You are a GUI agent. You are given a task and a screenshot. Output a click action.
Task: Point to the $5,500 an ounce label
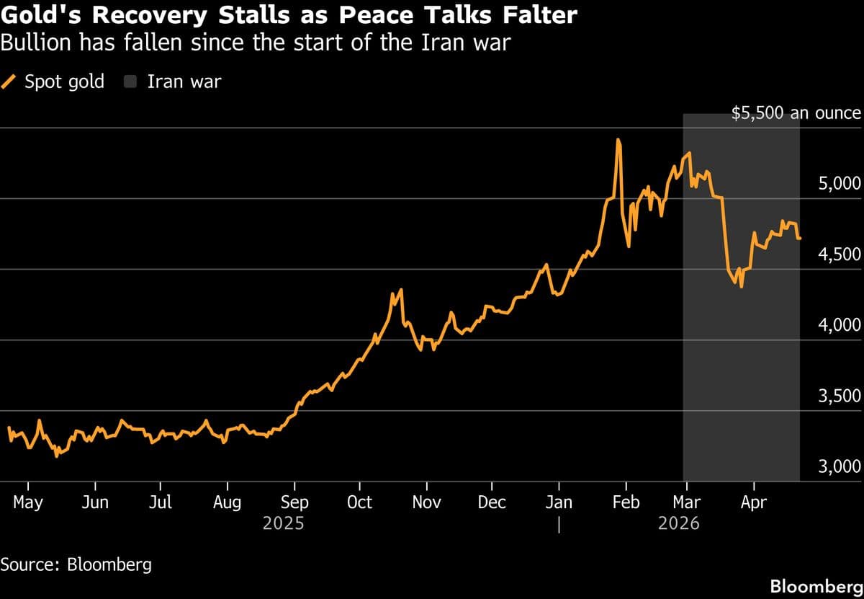click(796, 113)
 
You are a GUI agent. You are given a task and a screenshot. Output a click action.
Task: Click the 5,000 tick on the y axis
click(840, 183)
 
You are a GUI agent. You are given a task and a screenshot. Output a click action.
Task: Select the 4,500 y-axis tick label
click(840, 254)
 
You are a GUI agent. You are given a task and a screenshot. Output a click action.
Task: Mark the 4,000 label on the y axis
click(840, 325)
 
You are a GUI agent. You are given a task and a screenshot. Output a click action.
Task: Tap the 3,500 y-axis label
click(840, 396)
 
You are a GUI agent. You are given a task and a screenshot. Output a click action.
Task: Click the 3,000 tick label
click(840, 466)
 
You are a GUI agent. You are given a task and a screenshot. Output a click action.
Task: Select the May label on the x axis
click(28, 502)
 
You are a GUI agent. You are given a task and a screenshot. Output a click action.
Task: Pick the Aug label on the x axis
click(227, 502)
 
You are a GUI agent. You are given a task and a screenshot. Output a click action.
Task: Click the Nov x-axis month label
click(426, 502)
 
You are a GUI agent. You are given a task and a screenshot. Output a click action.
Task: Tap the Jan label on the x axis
click(559, 502)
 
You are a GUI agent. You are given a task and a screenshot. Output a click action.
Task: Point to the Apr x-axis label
click(753, 502)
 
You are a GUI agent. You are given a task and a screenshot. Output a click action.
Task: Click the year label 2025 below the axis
click(283, 523)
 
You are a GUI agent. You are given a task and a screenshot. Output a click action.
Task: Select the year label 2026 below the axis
click(678, 523)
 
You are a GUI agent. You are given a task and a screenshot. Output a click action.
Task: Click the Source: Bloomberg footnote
click(76, 564)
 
